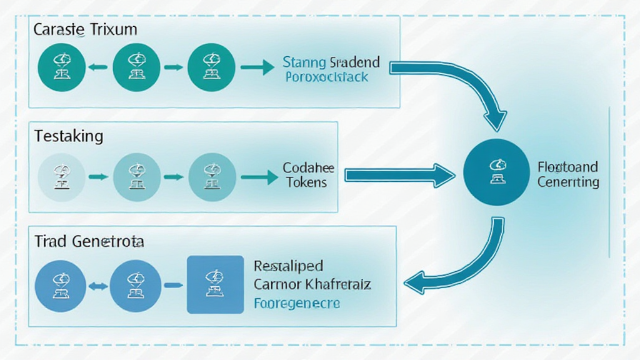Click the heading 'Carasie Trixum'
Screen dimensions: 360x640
(x=86, y=29)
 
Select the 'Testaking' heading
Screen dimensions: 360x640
(x=69, y=136)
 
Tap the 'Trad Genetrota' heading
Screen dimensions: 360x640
(x=89, y=241)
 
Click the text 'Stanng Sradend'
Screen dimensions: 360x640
(x=331, y=62)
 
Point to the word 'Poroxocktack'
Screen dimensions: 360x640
(x=326, y=77)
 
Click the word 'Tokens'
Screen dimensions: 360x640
(x=306, y=182)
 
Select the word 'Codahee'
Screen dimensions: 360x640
(x=308, y=168)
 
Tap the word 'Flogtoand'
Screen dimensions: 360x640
(x=567, y=167)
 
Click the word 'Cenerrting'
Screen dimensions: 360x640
(x=567, y=182)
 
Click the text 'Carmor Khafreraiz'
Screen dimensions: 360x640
(x=312, y=285)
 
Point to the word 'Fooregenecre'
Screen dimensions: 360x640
(x=297, y=303)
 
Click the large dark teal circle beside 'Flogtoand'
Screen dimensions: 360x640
(x=497, y=172)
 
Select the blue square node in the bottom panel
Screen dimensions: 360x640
(x=215, y=284)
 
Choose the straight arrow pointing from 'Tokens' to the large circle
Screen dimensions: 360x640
(x=400, y=176)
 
